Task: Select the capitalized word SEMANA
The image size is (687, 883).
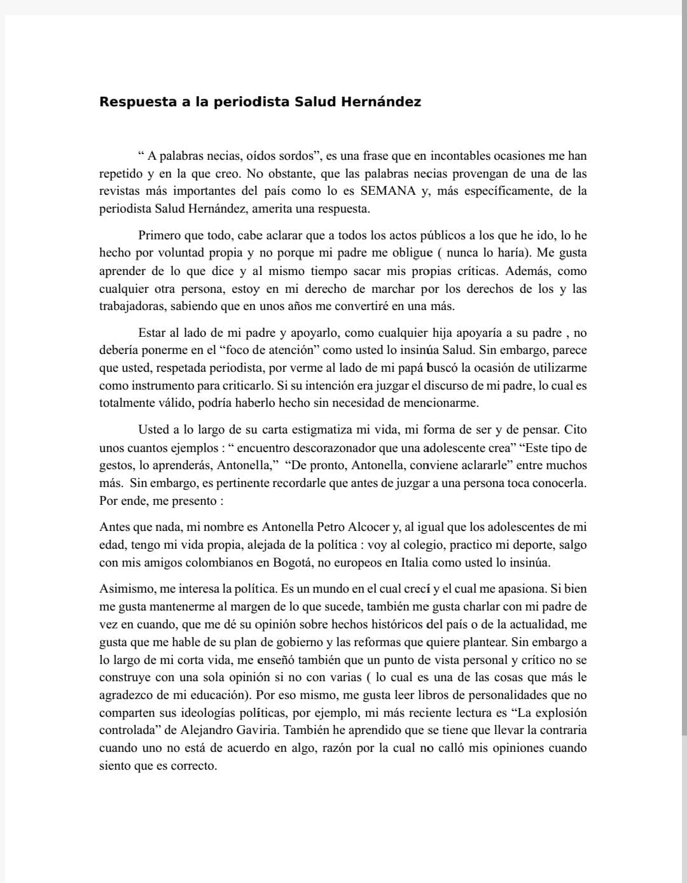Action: point(388,191)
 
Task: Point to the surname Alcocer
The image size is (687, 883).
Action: point(373,527)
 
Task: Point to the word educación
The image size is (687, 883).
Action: point(214,695)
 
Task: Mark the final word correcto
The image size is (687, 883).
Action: point(193,766)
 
